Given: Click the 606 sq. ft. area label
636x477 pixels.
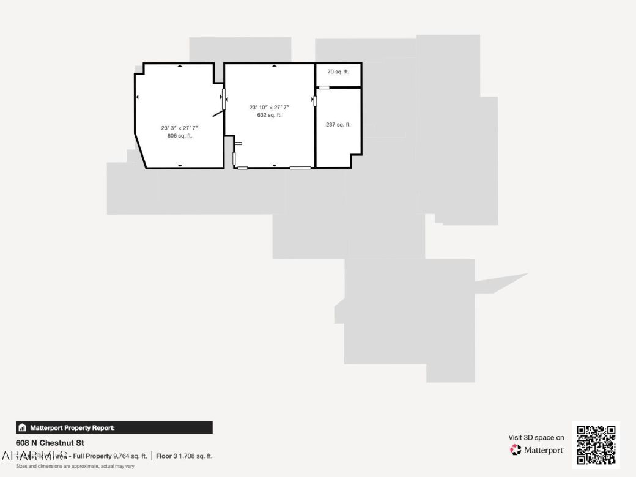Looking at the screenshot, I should (180, 136).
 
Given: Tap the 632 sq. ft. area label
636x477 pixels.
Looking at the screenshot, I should (269, 115).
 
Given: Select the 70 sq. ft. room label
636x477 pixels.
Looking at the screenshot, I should (338, 72).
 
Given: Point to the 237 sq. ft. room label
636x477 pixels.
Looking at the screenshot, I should (338, 125).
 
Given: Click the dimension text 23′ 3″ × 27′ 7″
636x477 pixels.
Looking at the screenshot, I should (180, 128).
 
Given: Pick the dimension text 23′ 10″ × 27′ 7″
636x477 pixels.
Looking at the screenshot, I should (269, 107).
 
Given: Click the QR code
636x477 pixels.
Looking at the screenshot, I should (596, 445).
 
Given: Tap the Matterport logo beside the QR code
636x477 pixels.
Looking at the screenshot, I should (538, 450).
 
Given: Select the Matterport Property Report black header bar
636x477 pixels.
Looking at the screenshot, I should (114, 427).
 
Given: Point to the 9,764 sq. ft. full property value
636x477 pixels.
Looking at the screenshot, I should (130, 456).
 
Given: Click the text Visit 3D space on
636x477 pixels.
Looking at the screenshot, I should (536, 437).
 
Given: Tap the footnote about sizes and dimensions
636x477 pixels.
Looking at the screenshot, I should (75, 466).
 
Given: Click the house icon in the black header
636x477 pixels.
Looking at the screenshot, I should (23, 427).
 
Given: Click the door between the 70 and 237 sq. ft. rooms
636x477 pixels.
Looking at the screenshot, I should (324, 87).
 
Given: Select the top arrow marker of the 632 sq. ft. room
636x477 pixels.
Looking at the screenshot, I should (274, 65).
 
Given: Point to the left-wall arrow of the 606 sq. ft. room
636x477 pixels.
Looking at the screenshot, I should (138, 97).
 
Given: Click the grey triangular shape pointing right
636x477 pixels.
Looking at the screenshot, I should (505, 282).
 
